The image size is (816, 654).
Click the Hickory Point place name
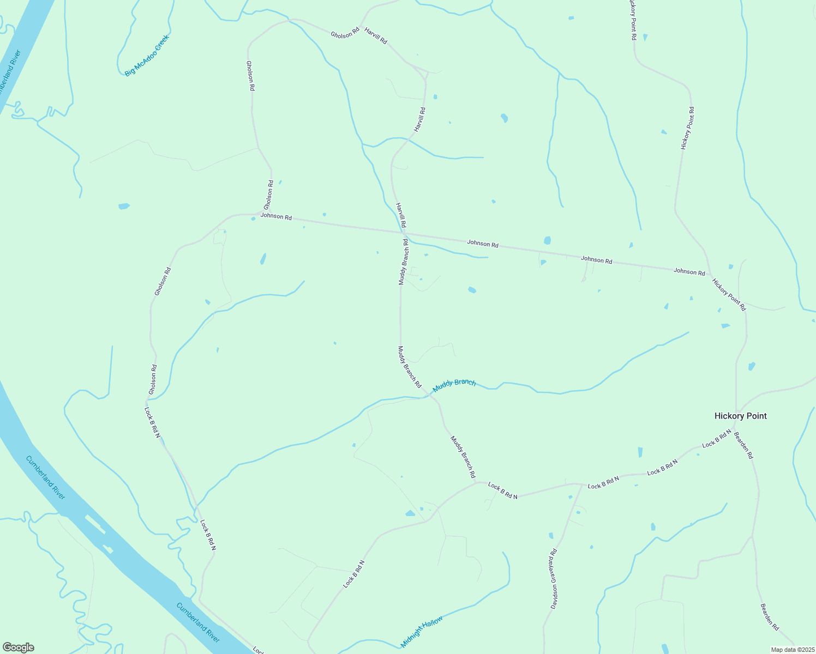tap(740, 416)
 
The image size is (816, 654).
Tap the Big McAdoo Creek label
tap(147, 56)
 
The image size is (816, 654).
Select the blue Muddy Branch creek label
tap(454, 385)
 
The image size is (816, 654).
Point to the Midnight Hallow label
tap(422, 631)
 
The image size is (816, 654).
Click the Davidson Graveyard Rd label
tap(554, 578)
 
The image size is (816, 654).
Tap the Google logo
tap(18, 647)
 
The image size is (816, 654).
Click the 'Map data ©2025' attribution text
tap(792, 649)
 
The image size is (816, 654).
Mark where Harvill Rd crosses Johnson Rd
tap(404, 233)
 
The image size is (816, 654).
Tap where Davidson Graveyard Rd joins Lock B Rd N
tap(581, 484)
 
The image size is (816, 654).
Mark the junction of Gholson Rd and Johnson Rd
tap(260, 214)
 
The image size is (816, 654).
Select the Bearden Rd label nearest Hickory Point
tap(743, 445)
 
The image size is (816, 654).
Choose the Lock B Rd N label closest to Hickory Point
tap(716, 438)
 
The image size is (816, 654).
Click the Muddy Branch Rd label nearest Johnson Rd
tap(403, 262)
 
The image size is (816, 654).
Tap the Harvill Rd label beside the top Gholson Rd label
tap(375, 36)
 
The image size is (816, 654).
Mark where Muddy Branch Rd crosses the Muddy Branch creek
tap(431, 395)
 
